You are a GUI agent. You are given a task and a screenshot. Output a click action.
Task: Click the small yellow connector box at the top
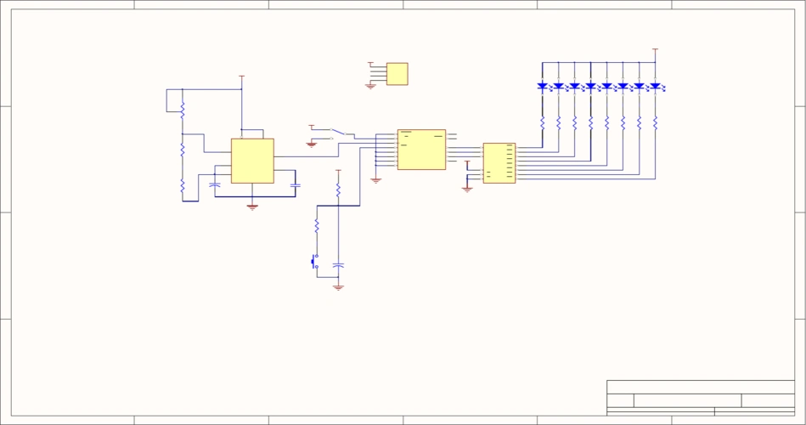coord(397,74)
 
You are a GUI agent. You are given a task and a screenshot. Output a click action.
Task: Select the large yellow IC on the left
coord(252,161)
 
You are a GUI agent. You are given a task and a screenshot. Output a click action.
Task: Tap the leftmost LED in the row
coord(542,86)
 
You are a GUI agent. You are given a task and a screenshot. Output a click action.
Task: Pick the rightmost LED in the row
coord(655,86)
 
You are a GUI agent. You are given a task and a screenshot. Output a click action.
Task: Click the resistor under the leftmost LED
coord(542,122)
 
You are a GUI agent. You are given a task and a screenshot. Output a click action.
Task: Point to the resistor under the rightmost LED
coord(655,122)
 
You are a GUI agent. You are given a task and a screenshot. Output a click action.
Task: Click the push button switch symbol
coord(314,261)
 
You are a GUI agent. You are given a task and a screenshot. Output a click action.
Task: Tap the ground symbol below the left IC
coord(252,207)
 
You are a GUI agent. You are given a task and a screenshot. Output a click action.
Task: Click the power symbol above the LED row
coord(655,50)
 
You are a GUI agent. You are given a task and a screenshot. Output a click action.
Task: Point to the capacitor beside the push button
coord(338,266)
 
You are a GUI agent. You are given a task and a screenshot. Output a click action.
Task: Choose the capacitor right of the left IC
coord(295,184)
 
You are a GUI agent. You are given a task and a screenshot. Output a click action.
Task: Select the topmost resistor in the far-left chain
coord(183,105)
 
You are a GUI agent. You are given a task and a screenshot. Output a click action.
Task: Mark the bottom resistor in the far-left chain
coord(183,184)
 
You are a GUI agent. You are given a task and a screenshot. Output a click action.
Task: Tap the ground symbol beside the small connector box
coord(370,86)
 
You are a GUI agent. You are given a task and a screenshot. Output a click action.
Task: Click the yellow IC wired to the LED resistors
coord(499,163)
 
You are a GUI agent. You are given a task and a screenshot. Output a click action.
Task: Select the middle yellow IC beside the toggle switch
coord(421,150)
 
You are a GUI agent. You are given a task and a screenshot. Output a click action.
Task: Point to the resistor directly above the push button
coord(317,226)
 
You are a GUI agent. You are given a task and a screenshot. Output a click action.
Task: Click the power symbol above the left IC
coord(241,77)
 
